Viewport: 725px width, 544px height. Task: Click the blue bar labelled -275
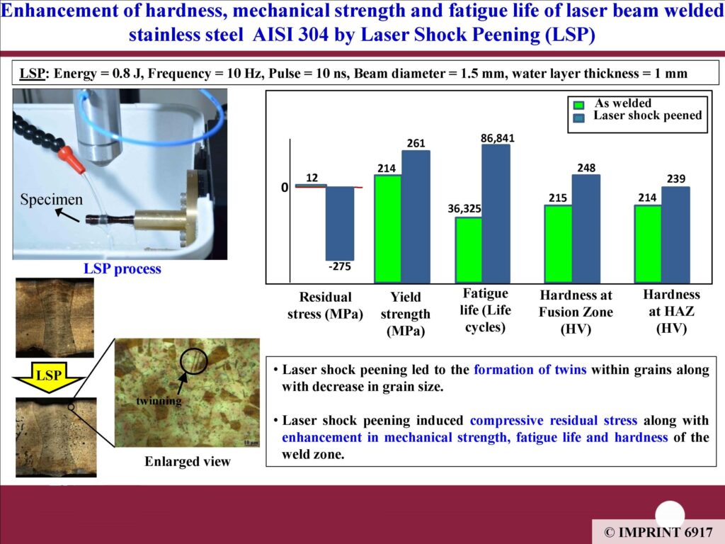tap(340, 223)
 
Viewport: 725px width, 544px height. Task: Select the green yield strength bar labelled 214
tap(387, 229)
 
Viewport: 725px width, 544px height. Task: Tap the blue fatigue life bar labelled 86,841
tap(496, 213)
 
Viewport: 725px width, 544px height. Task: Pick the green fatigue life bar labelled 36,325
tap(469, 250)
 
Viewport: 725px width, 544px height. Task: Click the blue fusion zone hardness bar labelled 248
tap(586, 229)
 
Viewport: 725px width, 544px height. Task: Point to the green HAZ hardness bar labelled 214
tap(648, 244)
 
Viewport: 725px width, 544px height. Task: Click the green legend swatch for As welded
tap(578, 105)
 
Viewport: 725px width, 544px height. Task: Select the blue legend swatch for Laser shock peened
tap(578, 118)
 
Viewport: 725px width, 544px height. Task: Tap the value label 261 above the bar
tap(416, 143)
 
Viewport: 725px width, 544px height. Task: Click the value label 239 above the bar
tap(675, 179)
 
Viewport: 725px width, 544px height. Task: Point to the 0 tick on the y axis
tap(285, 187)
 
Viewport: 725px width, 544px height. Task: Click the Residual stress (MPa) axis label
tap(325, 305)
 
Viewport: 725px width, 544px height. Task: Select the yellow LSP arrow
tap(49, 377)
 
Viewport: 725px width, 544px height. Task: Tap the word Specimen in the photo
tap(51, 199)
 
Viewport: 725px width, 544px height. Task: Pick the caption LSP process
tap(122, 268)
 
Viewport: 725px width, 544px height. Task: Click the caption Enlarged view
tap(187, 461)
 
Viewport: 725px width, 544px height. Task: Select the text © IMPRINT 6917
tap(658, 533)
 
